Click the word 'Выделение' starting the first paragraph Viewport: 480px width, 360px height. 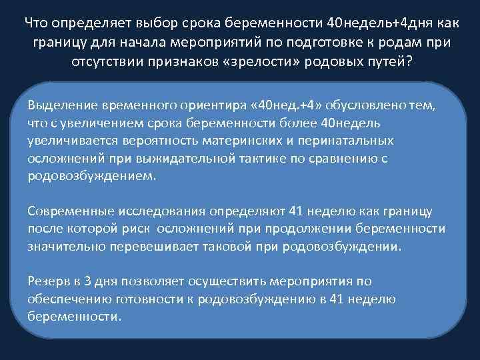tap(61, 107)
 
